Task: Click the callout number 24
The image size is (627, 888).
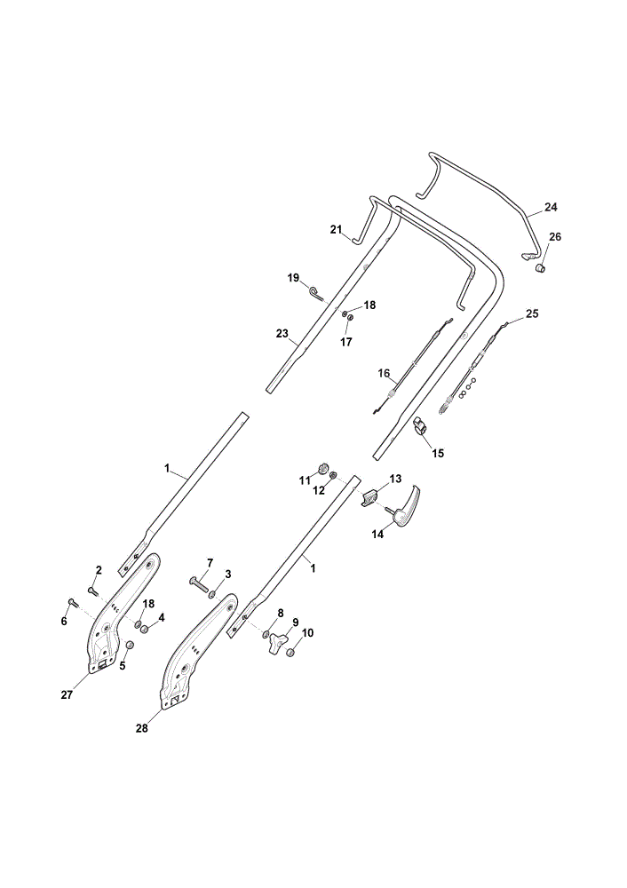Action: click(x=551, y=207)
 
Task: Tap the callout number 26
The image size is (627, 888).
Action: click(x=554, y=237)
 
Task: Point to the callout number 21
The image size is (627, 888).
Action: click(x=337, y=229)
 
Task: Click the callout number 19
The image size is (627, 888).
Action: click(x=293, y=277)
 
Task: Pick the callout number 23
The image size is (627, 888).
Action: click(x=282, y=334)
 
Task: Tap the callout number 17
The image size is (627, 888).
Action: click(x=345, y=342)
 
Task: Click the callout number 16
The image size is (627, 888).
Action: click(x=384, y=373)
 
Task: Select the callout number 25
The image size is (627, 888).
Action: click(x=532, y=313)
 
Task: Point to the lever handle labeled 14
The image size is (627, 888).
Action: click(x=406, y=503)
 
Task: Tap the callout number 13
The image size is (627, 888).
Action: click(x=395, y=479)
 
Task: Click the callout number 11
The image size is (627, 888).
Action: click(x=305, y=480)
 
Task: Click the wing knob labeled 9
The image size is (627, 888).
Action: click(x=276, y=643)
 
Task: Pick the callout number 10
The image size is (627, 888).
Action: click(x=307, y=632)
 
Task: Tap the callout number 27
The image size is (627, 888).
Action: click(x=67, y=695)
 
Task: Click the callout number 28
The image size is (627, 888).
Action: click(x=141, y=728)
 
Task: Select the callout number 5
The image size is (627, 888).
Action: click(x=123, y=666)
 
